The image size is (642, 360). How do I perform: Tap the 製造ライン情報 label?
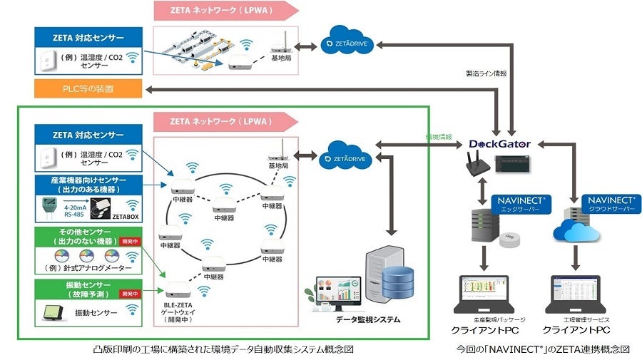coord(486,73)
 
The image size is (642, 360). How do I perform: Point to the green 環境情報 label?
coord(440,135)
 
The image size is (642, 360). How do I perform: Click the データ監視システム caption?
coord(368,319)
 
